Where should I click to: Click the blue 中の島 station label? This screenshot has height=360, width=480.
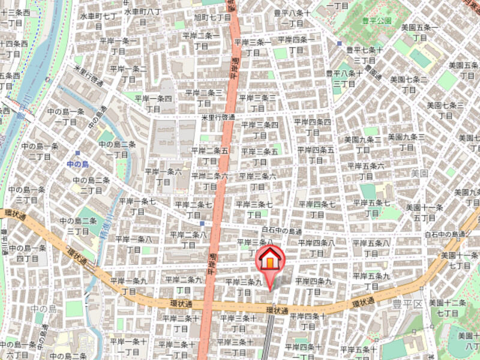[77, 164]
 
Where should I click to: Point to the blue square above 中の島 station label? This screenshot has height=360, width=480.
[77, 153]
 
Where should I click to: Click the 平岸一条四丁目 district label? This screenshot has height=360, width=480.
[153, 103]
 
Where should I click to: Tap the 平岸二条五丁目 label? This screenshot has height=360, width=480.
[209, 155]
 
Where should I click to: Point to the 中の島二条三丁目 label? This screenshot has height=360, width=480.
[78, 226]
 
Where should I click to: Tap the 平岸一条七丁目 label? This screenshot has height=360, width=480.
[137, 206]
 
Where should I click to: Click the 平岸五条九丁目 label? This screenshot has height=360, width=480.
[370, 281]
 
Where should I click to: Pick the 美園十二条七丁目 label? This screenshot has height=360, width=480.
[448, 308]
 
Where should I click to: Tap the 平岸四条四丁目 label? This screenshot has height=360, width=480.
[312, 126]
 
